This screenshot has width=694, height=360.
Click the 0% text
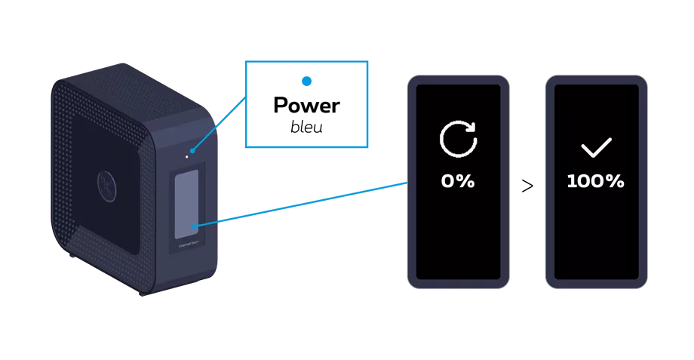[x=458, y=182]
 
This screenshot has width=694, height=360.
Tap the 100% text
[x=596, y=182]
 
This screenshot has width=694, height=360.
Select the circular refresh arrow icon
[x=458, y=140]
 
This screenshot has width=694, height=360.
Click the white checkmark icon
[x=596, y=146]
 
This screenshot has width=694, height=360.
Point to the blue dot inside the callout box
[x=307, y=82]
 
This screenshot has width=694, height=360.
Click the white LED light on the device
[x=186, y=157]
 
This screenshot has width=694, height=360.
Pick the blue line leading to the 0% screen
[x=302, y=204]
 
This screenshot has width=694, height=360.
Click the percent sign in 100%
[x=615, y=182]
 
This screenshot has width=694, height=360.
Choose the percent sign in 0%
[x=465, y=182]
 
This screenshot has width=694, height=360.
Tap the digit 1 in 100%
[x=571, y=182]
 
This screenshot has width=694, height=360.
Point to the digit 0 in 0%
[x=448, y=182]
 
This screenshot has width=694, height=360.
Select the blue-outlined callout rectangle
[x=304, y=104]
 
